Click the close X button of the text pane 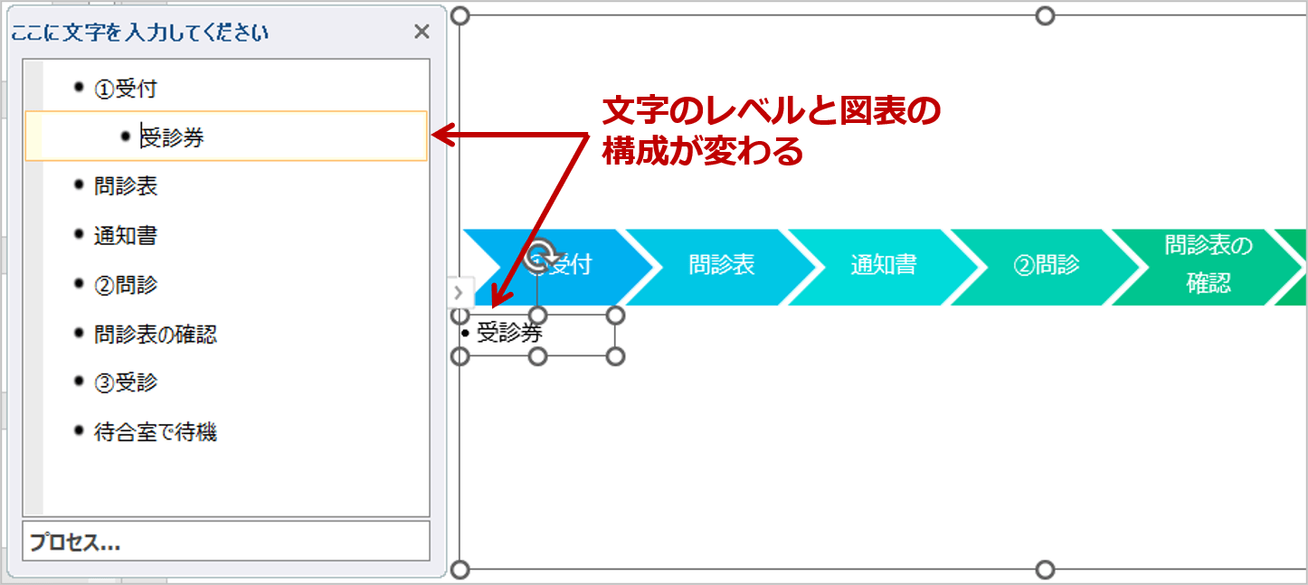pos(422,32)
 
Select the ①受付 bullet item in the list pos(126,89)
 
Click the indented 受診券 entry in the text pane pos(172,137)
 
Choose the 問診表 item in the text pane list pos(126,186)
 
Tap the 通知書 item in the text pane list pos(126,236)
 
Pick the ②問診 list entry pos(126,285)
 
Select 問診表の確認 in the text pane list pos(156,334)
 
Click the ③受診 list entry pos(126,383)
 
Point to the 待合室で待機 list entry pos(156,432)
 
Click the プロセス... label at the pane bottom pos(75,543)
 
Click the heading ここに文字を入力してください pos(139,33)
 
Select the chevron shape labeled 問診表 pos(722,266)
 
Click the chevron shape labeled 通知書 pos(884,266)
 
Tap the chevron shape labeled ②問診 pos(1047,266)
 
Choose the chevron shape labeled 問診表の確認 pos(1208,266)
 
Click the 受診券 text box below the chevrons pos(538,335)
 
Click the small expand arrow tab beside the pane pos(459,292)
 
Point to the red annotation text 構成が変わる pos(703,151)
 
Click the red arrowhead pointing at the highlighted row pos(441,135)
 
